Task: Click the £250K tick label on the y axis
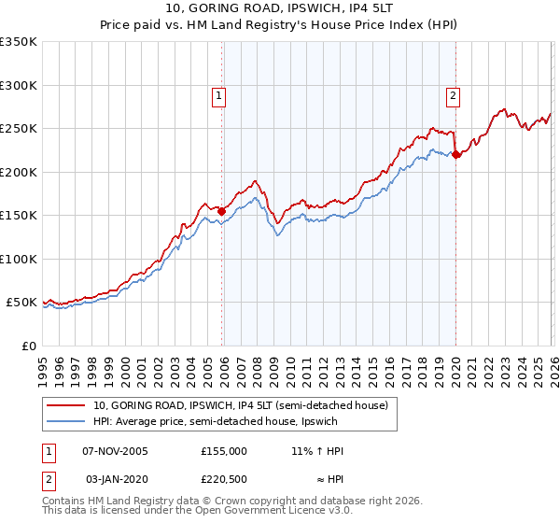(19, 129)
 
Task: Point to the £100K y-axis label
(19, 259)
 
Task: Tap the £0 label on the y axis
(28, 346)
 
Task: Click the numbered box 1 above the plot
(217, 93)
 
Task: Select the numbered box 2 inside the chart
(453, 93)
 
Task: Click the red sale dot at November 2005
(222, 211)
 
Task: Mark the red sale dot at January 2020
(455, 155)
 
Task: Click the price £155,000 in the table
(224, 451)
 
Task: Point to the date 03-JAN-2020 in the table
(117, 481)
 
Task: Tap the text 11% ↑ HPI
(317, 451)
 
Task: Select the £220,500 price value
(224, 481)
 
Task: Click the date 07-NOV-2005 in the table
(117, 451)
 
